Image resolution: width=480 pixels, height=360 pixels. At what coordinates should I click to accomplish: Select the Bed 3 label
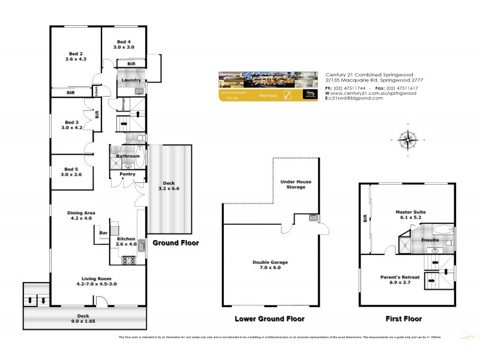pos(71,122)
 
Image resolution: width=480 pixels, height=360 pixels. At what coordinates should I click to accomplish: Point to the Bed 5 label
pos(71,169)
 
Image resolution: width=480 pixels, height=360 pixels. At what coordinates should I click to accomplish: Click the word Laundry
pos(131,80)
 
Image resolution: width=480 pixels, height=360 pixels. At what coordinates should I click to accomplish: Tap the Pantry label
pos(127,175)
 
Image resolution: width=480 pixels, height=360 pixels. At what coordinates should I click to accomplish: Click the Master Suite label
pos(409,212)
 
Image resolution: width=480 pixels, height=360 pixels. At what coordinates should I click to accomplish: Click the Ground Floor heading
pos(175,243)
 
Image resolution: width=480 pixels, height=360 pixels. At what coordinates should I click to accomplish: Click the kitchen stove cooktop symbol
pos(127,260)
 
